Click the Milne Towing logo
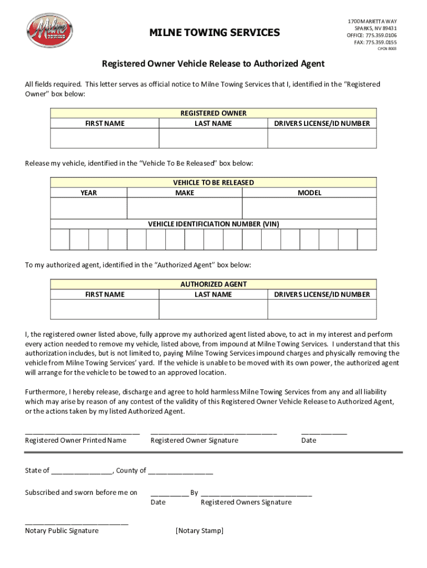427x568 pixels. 50,31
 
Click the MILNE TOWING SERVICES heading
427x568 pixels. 215,33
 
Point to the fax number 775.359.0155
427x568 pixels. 381,42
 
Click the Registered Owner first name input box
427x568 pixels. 105,139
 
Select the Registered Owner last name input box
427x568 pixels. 213,139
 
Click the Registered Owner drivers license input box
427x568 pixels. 322,139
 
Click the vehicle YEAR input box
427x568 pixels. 89,209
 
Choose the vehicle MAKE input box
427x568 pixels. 185,209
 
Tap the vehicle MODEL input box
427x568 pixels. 309,209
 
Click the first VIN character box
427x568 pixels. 60,240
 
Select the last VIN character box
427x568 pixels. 367,240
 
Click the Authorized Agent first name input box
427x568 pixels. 105,310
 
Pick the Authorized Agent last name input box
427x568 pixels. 213,310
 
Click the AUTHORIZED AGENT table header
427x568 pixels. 213,284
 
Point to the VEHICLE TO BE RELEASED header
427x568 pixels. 213,182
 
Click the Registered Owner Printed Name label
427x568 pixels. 75,440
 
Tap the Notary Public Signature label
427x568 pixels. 62,531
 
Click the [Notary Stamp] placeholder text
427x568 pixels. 200,531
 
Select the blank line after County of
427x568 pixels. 180,471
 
